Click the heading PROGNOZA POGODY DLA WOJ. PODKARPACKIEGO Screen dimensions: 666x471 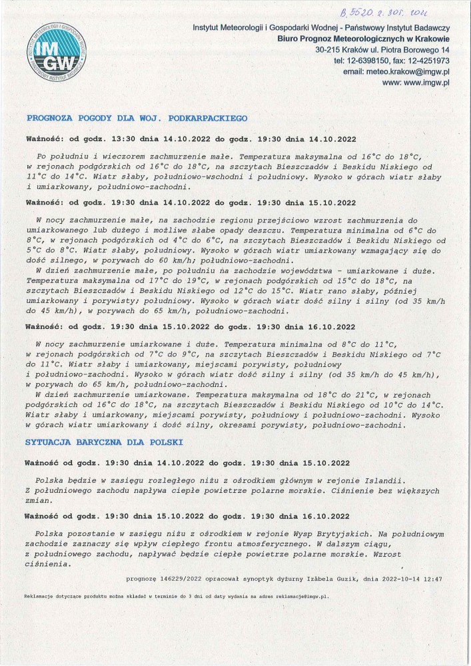(137, 118)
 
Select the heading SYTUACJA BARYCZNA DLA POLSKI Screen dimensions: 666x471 (103, 442)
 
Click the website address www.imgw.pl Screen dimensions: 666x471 (426, 83)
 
